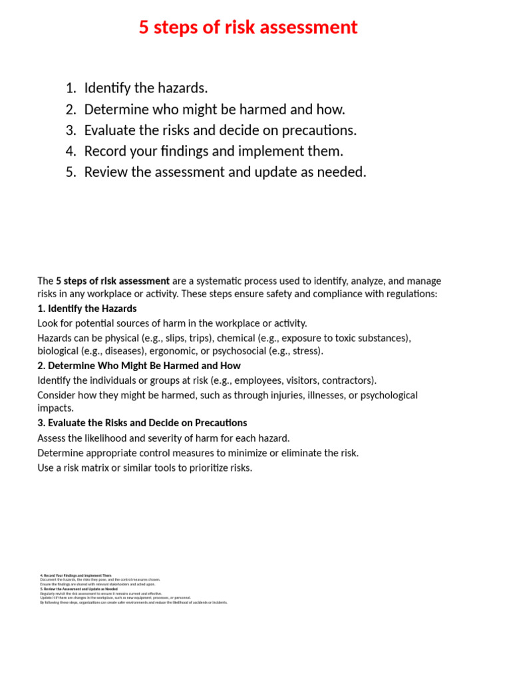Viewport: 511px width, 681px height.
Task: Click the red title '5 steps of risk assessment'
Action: tap(248, 27)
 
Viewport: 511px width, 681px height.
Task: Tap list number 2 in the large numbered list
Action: tap(71, 109)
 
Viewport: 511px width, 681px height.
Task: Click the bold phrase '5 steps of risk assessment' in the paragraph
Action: tap(112, 281)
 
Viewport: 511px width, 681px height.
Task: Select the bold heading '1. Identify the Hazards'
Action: tap(87, 309)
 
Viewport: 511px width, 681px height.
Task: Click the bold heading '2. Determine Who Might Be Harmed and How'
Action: tap(139, 366)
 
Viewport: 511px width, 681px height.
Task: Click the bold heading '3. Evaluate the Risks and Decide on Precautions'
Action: tap(142, 423)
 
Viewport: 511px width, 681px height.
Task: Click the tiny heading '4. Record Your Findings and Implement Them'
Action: tap(76, 575)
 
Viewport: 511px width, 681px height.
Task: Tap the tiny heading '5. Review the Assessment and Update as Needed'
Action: tap(79, 589)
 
